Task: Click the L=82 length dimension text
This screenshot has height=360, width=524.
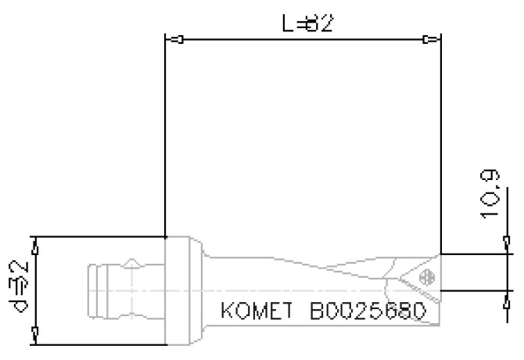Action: point(307,23)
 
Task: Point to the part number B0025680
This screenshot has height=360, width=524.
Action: point(368,311)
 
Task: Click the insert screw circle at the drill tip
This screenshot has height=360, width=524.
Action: point(426,277)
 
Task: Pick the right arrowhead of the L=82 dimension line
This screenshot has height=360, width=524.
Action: point(427,40)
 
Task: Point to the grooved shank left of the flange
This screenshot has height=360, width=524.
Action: point(117,290)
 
